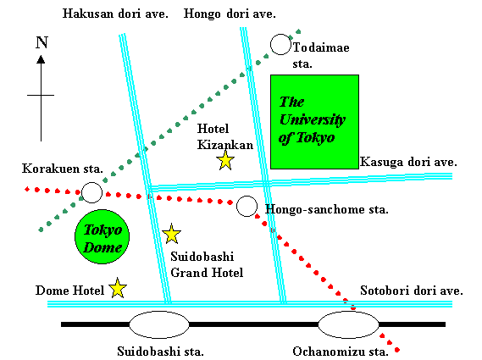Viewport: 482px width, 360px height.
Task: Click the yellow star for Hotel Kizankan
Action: pos(225,160)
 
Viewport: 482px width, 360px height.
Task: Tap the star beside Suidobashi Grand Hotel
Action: pos(171,234)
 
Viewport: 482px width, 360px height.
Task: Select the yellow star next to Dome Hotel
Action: pos(118,288)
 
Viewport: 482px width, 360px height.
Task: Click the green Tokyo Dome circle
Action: pos(102,236)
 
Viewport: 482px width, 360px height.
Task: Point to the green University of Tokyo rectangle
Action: pos(315,122)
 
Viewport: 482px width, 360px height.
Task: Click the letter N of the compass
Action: pos(42,42)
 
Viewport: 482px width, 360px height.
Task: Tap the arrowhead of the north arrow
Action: pos(41,59)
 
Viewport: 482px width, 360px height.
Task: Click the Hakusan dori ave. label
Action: pos(115,14)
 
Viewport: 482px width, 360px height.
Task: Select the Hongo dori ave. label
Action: pos(230,14)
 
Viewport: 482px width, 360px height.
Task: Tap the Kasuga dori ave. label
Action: pos(408,162)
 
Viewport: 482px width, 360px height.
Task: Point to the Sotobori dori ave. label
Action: pos(412,291)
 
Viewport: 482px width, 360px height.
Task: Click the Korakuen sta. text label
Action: pos(63,169)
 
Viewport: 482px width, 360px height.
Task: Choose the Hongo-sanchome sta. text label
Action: pos(327,209)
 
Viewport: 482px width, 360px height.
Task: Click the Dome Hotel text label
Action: pos(69,291)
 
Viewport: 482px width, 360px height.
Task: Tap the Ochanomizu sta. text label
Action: pos(341,352)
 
